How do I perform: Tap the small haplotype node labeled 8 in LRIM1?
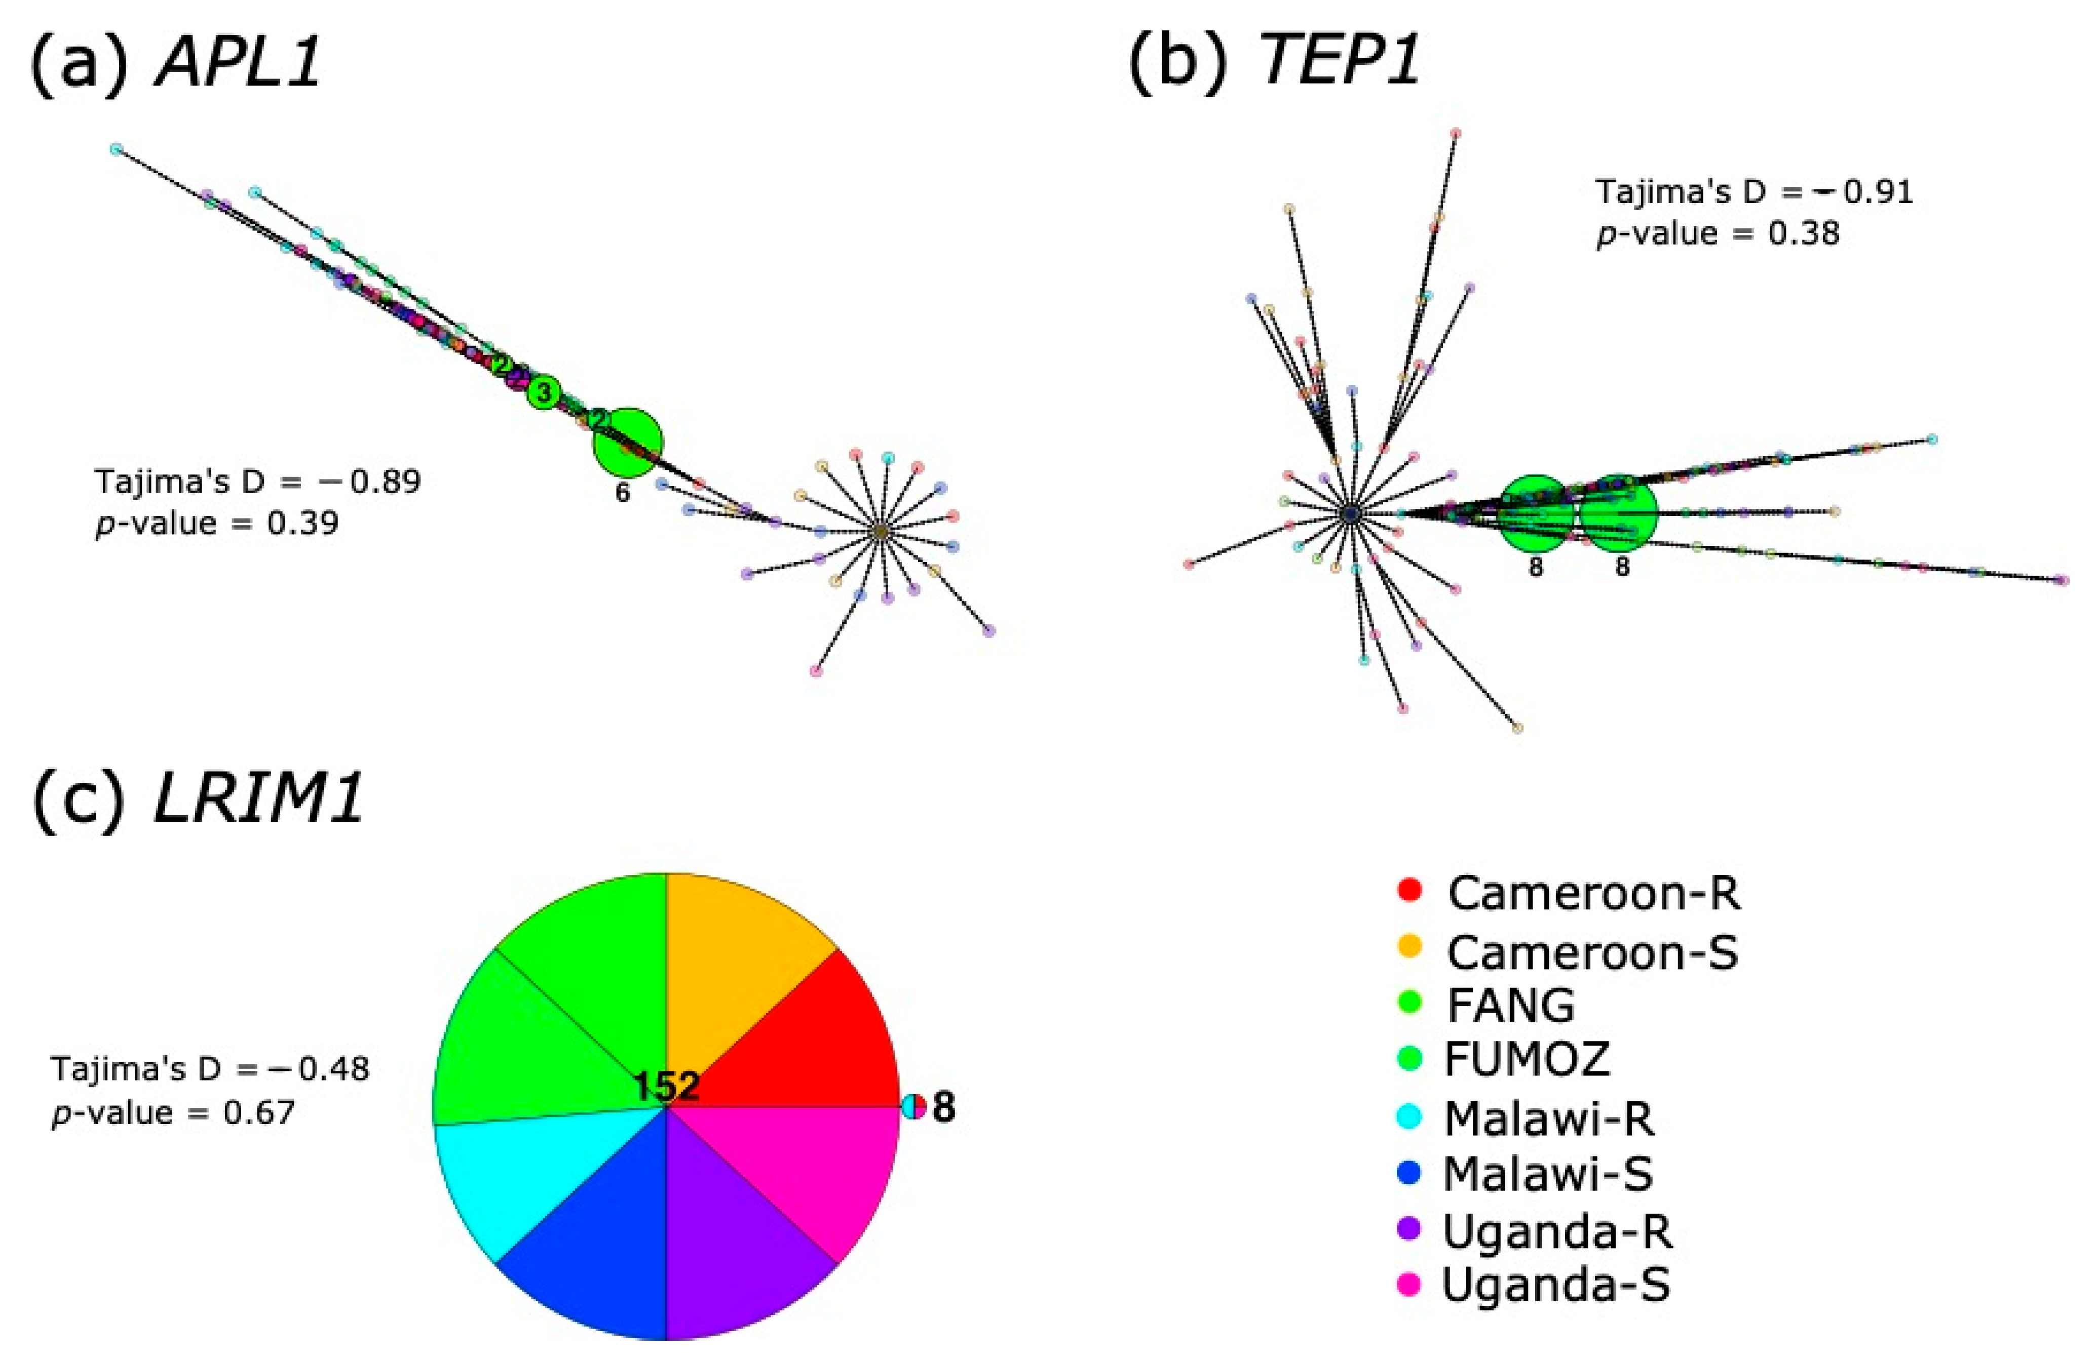[914, 1107]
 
